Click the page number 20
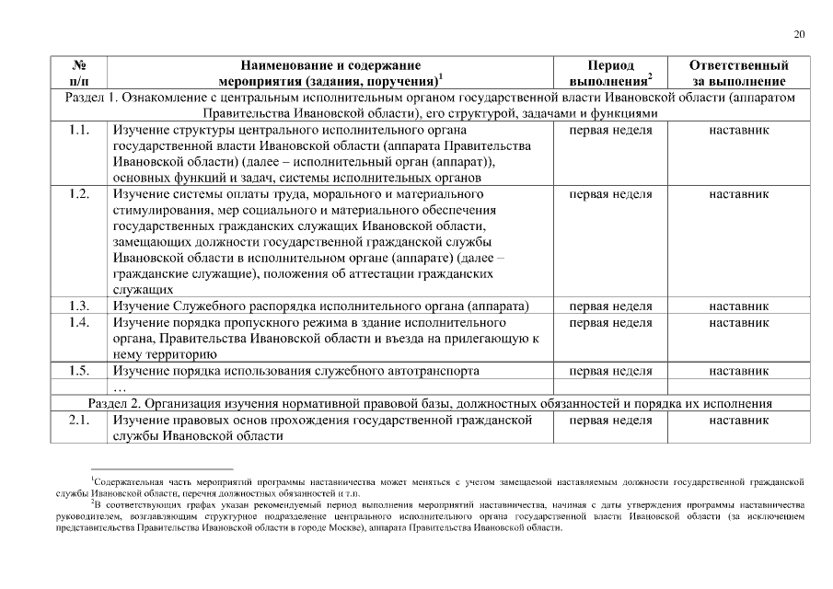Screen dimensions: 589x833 pos(799,34)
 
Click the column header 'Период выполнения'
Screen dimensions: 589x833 pos(610,74)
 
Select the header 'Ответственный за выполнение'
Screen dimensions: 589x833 pos(738,74)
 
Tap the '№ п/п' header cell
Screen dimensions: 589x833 pos(79,74)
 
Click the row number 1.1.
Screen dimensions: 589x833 pos(79,131)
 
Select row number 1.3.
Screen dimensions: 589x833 pos(79,306)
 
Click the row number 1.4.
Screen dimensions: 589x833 pos(79,322)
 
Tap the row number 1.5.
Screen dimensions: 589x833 pos(79,371)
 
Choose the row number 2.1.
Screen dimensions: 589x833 pos(79,420)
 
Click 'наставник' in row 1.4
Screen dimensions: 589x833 pos(738,322)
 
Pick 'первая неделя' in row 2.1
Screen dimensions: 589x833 pos(610,420)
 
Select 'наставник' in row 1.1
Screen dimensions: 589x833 pos(738,131)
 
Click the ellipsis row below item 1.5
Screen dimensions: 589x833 pos(119,387)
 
